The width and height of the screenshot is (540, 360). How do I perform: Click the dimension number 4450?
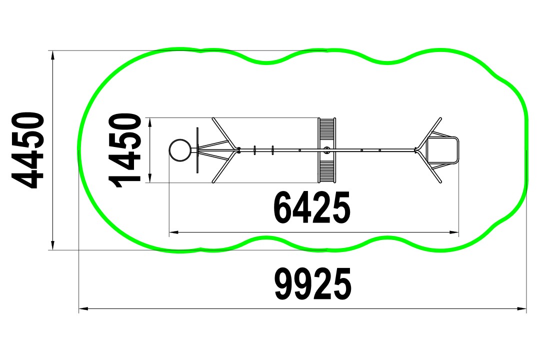[28, 150]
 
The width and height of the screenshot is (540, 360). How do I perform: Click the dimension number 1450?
[124, 150]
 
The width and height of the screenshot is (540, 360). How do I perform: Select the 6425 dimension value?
[311, 207]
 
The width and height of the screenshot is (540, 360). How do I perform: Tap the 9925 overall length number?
[312, 284]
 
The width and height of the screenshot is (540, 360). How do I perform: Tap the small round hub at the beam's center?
[327, 150]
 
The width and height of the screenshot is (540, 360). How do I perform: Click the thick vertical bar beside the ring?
[197, 150]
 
